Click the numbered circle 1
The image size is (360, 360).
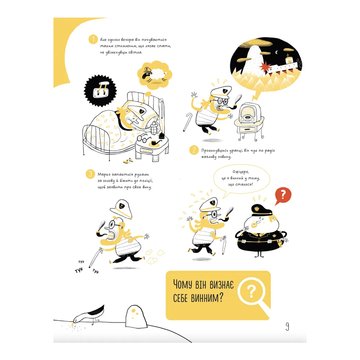[93, 39]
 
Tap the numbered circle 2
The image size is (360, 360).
[194, 150]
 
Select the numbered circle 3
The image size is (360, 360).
[90, 174]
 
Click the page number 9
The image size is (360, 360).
[287, 326]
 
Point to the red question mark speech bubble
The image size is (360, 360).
[283, 196]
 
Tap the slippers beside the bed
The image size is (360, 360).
[128, 161]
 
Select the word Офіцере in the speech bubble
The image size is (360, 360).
[240, 172]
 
